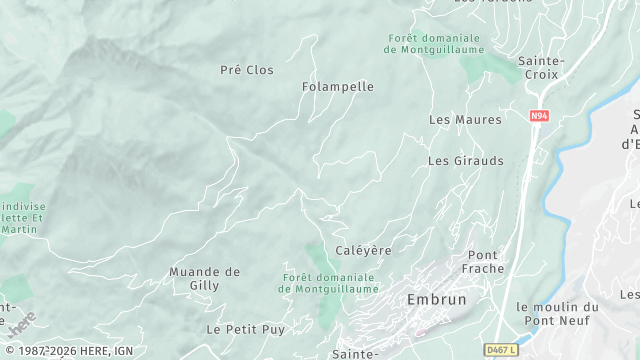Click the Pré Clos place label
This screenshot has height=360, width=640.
pos(246,70)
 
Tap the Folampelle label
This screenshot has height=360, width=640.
pos(338,87)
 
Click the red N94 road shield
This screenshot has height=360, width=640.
pos(540,116)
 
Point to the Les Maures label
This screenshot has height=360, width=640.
pos(465,120)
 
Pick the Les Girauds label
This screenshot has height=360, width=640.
pos(466,160)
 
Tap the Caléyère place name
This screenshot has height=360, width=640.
pos(363,249)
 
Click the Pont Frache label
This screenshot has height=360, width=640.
pos(483,262)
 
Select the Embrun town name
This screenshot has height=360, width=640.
pos(438,299)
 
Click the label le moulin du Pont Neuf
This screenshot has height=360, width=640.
pos(557,314)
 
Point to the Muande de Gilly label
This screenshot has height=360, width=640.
pos(204,278)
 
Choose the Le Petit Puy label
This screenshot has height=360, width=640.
pos(245,328)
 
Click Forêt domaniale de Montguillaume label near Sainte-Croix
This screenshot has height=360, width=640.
pos(435,44)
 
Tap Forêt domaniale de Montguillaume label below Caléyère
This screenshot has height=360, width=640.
pos(327,283)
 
